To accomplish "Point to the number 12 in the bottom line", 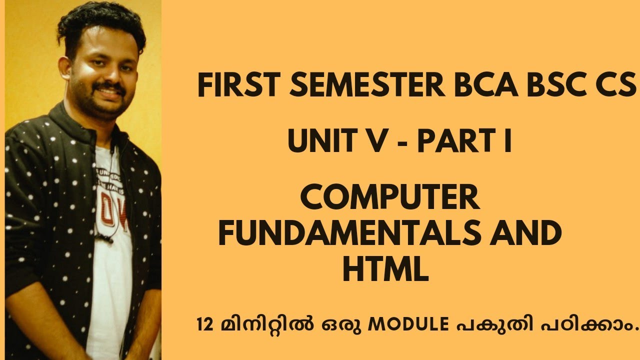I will (x=207, y=325).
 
